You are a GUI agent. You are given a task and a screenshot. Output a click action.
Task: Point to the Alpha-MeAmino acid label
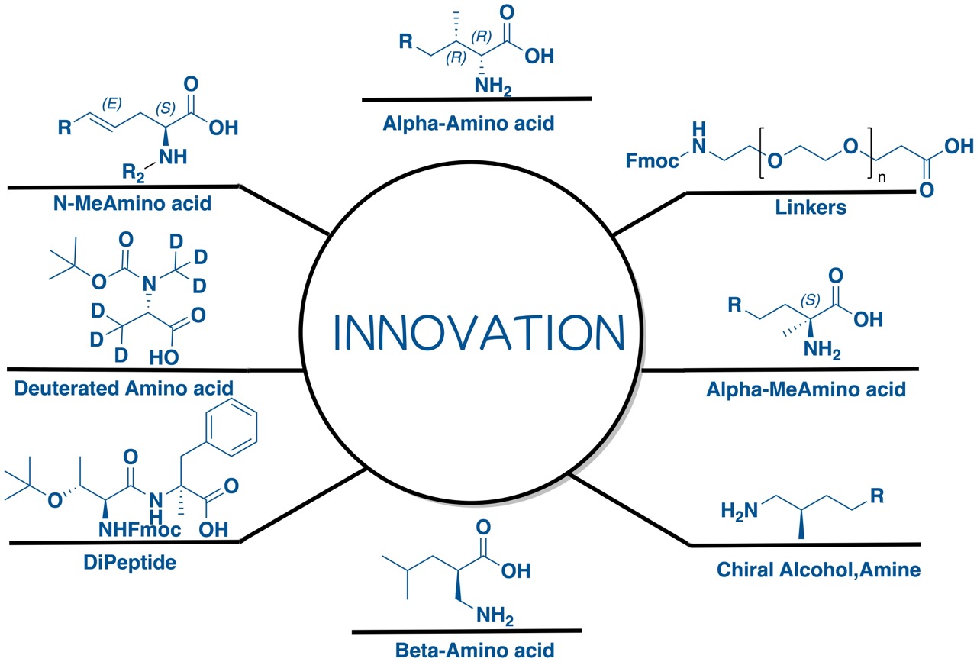[x=806, y=389]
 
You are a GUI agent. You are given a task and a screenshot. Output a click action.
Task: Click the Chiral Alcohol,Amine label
[x=818, y=570]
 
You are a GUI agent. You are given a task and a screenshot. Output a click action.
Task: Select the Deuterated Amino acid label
[x=124, y=388]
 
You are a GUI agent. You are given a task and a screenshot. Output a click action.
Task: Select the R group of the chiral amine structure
[x=878, y=495]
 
